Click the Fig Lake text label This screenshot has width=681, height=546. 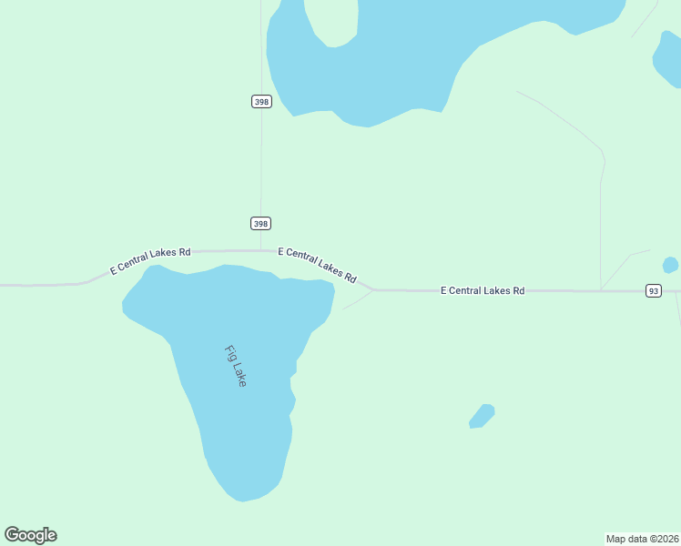[x=235, y=367]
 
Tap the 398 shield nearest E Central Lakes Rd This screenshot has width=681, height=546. [x=261, y=223]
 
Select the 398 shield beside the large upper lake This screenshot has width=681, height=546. [x=261, y=101]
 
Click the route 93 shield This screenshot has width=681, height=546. [x=653, y=290]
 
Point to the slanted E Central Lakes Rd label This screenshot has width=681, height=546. [x=317, y=264]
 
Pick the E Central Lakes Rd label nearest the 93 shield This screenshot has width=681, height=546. [x=483, y=290]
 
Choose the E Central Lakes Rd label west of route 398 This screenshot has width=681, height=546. [x=150, y=261]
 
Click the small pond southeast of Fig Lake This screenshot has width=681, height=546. [x=482, y=416]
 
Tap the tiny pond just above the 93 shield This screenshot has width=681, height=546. [x=670, y=265]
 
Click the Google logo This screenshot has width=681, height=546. [x=31, y=535]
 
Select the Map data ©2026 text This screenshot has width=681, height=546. [x=642, y=539]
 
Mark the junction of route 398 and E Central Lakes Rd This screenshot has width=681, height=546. [x=261, y=250]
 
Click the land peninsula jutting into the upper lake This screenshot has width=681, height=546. [x=331, y=23]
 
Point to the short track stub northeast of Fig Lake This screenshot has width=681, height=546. [x=358, y=300]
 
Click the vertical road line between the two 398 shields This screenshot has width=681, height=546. [x=261, y=164]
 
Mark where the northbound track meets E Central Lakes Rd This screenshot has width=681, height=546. [x=600, y=290]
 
